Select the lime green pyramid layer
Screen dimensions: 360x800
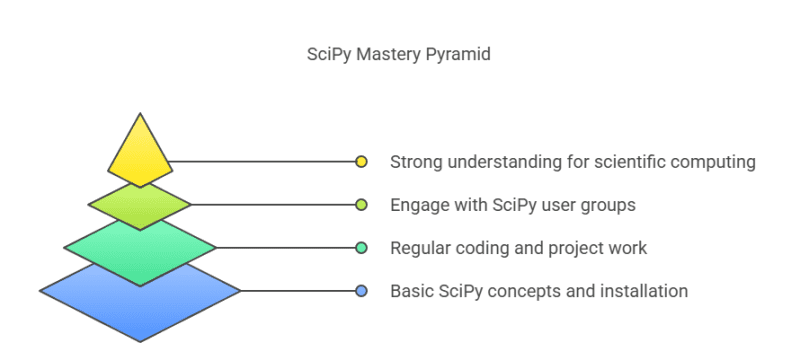coord(140,204)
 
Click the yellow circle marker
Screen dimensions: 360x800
coord(362,161)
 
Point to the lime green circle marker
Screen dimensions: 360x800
coord(362,204)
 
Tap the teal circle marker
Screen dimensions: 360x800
coord(362,247)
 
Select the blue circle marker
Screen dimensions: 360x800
coord(362,291)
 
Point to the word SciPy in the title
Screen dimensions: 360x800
coord(328,55)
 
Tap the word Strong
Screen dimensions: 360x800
coord(414,161)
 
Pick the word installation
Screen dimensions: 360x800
coord(642,291)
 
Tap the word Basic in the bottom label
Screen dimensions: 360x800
coord(409,291)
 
